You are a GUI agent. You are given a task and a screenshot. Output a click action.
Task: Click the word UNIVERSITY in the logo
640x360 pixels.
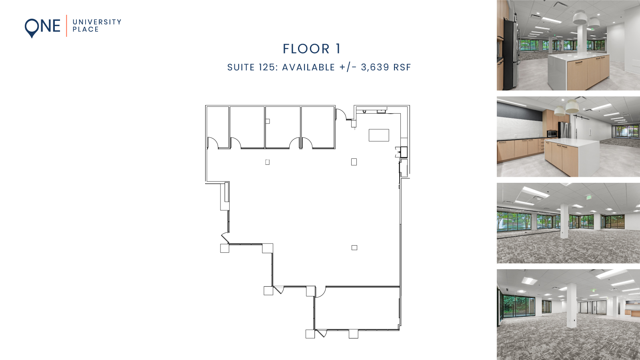click(97, 22)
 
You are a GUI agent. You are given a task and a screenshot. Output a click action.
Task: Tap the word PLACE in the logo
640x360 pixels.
click(86, 30)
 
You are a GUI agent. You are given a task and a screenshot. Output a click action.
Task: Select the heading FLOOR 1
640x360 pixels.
click(312, 49)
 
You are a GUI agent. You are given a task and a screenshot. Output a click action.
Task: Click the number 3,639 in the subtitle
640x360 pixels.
click(375, 67)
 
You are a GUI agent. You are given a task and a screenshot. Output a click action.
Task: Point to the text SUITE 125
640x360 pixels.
click(251, 67)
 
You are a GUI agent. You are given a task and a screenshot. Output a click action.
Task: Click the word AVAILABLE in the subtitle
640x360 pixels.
click(308, 67)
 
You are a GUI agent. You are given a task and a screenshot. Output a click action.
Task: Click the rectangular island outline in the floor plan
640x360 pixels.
click(378, 135)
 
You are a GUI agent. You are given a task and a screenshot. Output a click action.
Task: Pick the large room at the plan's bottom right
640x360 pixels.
click(357, 308)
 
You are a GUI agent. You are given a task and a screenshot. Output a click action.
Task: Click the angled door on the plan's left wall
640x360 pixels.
click(225, 238)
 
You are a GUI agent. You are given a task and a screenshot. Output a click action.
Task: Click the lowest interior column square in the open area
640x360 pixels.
click(354, 248)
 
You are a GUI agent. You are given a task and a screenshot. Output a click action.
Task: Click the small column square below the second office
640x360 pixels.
click(267, 162)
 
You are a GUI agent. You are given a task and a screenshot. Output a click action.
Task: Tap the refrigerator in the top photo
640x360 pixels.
click(509, 52)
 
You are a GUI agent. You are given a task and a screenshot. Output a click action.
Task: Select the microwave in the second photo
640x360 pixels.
click(552, 134)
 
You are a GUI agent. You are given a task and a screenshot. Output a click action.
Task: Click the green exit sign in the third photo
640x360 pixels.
click(588, 197)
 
